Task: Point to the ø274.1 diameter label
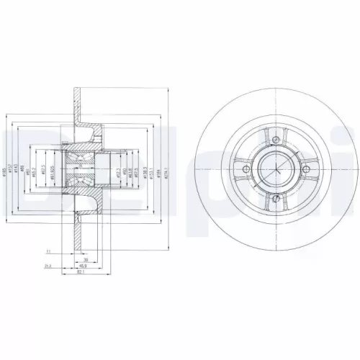(166, 173)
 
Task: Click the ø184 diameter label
(158, 173)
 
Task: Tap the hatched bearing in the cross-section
(77, 171)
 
